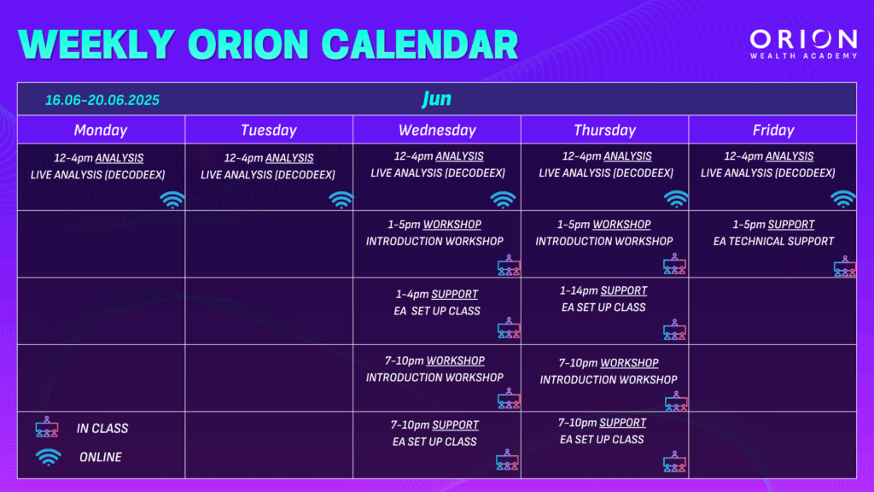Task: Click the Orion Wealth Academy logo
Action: [803, 44]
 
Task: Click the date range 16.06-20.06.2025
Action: [102, 100]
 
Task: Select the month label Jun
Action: [436, 99]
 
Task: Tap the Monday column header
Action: [101, 130]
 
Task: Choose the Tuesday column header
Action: [269, 130]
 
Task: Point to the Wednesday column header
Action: [437, 130]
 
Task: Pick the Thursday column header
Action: [605, 130]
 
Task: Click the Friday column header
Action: [773, 130]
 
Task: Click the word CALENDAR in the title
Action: [420, 44]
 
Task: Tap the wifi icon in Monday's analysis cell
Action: [172, 200]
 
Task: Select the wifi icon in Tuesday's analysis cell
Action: [341, 200]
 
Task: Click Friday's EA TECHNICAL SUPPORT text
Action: [773, 241]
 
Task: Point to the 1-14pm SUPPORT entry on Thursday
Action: [603, 290]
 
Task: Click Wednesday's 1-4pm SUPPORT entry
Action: [437, 294]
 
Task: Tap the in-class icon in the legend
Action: [47, 427]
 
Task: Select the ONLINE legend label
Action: [101, 457]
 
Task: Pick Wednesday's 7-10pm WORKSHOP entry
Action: [434, 360]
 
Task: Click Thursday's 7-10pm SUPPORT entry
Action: [602, 422]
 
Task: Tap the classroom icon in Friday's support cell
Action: [845, 266]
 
